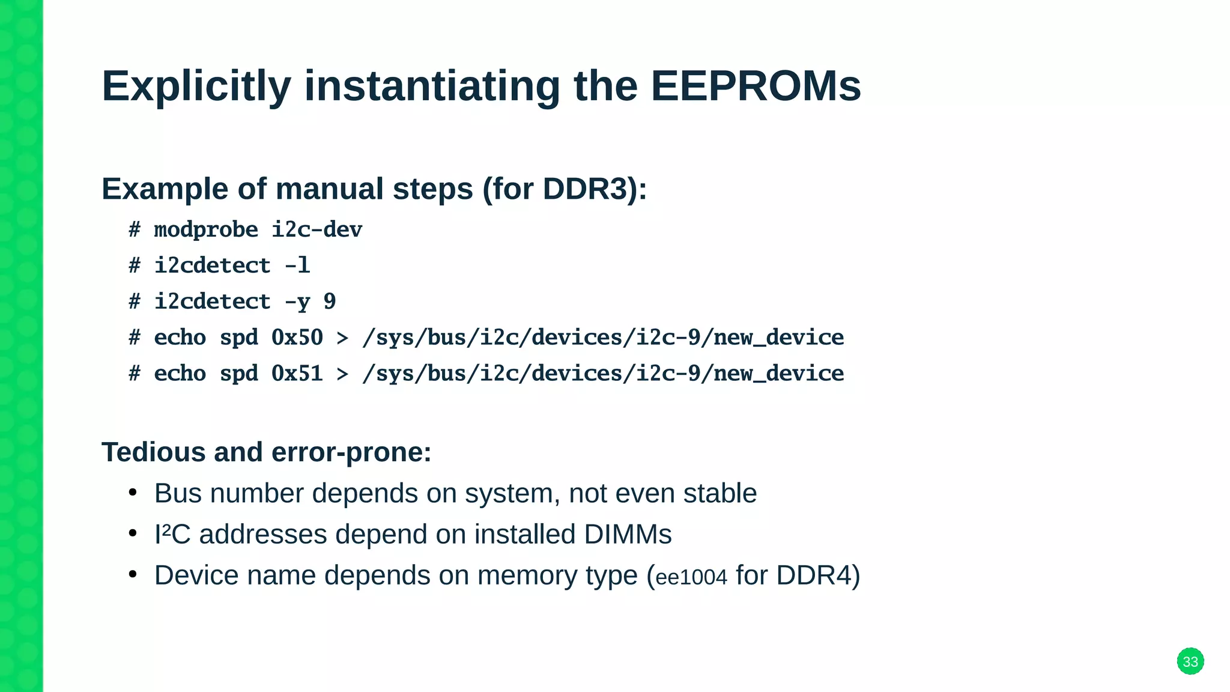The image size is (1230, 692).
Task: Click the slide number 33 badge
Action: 1190,661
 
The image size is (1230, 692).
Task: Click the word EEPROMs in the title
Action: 756,86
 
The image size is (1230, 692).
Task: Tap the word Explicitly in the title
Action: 196,86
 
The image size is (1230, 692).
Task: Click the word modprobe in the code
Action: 206,230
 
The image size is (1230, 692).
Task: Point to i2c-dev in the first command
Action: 317,230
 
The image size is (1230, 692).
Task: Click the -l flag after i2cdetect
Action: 297,266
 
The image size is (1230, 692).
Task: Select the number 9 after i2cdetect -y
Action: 329,302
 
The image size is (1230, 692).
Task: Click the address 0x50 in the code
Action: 297,338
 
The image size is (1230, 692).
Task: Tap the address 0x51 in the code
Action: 297,374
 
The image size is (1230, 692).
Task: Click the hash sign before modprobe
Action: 135,230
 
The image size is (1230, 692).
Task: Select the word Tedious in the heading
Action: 153,452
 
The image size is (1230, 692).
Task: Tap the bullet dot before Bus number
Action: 133,493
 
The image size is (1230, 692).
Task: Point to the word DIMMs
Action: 627,534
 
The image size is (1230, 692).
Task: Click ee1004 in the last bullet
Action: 691,577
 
